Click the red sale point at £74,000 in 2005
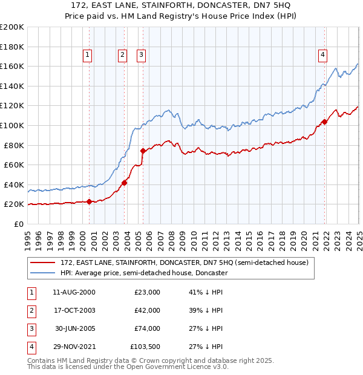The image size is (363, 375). point(143,151)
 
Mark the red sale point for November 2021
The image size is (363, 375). point(325,122)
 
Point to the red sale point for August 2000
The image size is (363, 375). point(89,201)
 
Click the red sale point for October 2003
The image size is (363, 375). point(124,183)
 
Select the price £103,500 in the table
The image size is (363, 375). point(145,347)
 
